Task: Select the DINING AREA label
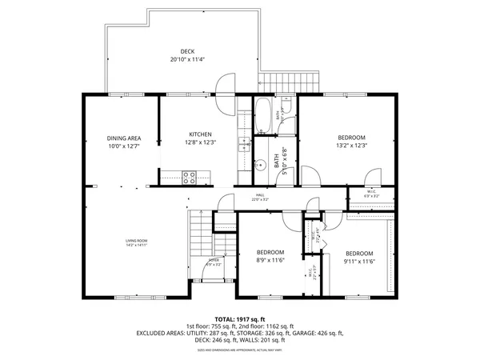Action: pos(124,138)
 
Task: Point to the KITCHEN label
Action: pos(199,134)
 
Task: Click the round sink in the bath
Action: pos(260,166)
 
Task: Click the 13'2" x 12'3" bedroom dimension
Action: pos(352,146)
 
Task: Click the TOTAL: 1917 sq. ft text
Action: pos(240,318)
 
